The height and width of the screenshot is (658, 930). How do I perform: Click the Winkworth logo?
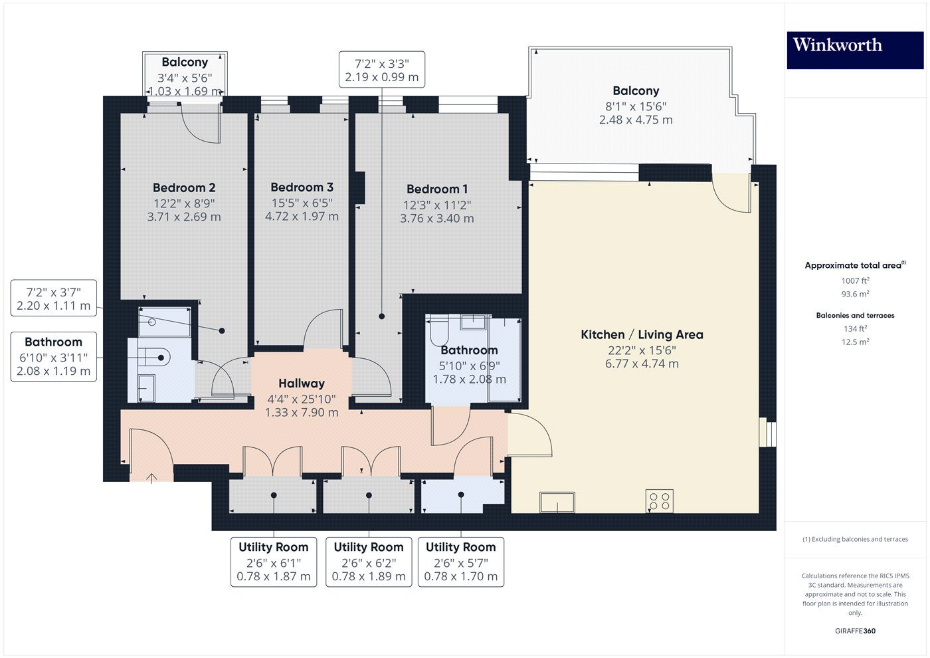pos(855,50)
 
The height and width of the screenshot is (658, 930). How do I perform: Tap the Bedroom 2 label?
pos(184,187)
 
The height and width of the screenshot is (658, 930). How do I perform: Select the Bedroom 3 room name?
pos(302,187)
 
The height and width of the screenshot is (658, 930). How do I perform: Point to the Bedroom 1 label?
pos(437,189)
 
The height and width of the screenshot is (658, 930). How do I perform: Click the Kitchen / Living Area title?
pos(642,334)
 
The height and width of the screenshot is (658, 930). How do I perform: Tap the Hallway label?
pos(302,384)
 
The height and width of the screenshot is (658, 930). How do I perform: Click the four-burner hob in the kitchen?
pos(659,501)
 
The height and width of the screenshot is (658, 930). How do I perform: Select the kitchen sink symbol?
pos(557,502)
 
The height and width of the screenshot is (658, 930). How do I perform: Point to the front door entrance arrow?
pos(151,478)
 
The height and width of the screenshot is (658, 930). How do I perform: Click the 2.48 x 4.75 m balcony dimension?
pos(636,120)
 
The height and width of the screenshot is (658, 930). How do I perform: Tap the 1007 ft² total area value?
pos(856,280)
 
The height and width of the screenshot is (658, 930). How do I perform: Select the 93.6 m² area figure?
pos(856,294)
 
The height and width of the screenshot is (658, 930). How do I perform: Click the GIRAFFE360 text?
pos(856,631)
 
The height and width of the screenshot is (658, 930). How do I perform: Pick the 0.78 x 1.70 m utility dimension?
pos(460,576)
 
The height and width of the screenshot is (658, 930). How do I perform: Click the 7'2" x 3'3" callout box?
pos(381,69)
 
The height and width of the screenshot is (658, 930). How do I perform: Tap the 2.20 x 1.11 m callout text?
pos(53,306)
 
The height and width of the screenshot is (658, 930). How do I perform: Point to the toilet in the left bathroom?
pos(153,357)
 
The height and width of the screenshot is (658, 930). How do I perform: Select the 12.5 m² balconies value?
pos(856,342)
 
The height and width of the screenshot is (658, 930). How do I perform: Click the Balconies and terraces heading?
pos(856,315)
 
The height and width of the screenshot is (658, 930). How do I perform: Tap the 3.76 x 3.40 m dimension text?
pos(437,219)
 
